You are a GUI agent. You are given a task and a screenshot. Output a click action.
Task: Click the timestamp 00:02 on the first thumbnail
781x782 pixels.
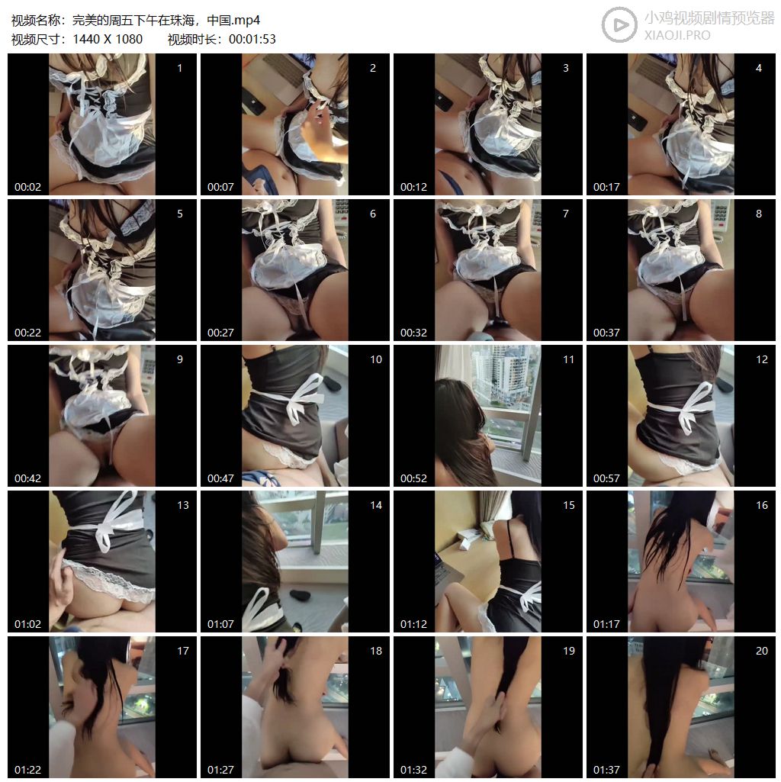pos(28,187)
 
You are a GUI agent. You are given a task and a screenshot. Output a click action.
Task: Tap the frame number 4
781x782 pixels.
pos(759,68)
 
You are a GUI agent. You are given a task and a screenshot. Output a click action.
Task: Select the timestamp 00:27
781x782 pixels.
pos(220,333)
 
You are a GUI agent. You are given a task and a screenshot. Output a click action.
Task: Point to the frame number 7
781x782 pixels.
pos(566,214)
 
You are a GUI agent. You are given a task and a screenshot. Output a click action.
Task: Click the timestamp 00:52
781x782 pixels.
pos(413,478)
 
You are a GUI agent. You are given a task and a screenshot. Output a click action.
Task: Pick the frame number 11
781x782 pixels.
pos(568,359)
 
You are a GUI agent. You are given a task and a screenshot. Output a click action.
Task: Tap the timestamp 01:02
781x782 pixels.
pos(28,624)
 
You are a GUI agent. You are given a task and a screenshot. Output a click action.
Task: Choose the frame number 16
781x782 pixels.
pos(761,505)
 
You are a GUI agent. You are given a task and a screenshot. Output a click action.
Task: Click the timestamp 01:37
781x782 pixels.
pos(606,770)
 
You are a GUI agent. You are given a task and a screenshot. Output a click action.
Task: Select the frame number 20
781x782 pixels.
pos(761,650)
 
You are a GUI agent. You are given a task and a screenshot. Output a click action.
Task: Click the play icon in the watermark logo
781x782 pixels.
pos(619,24)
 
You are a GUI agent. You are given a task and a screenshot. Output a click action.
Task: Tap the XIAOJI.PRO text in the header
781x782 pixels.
pos(677,35)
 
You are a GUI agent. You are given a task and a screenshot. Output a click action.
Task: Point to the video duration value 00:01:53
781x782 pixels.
pos(252,39)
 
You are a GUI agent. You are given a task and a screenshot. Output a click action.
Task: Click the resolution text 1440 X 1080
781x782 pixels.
pos(108,39)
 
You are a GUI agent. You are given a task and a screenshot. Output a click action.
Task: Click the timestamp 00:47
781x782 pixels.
pos(220,478)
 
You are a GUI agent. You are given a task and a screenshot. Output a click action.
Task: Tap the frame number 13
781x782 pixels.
pos(182,505)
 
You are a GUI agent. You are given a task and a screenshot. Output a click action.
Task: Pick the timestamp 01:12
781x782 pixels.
pos(413,624)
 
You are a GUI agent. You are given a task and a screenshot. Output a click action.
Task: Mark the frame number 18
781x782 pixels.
pos(375,650)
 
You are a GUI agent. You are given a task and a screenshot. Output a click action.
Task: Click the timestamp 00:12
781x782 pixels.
pos(413,187)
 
